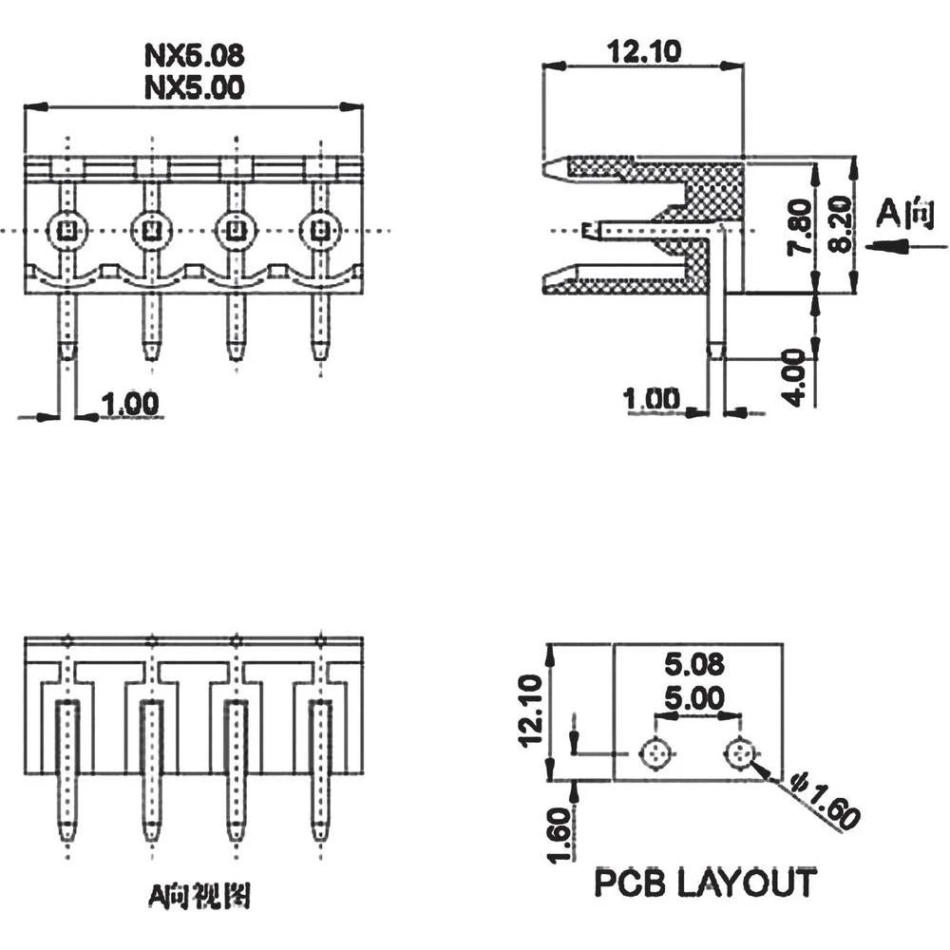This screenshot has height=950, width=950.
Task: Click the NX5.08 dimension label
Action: [194, 54]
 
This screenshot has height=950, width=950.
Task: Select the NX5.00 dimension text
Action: [194, 87]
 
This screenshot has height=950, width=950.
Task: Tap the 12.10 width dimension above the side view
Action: [644, 51]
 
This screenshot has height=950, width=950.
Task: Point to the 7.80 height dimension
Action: [800, 228]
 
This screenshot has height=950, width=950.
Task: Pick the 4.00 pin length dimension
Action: [800, 377]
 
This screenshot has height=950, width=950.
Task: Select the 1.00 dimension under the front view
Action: [129, 404]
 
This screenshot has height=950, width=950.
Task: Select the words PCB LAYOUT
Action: [704, 883]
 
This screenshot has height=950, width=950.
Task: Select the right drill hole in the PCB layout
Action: [740, 755]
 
